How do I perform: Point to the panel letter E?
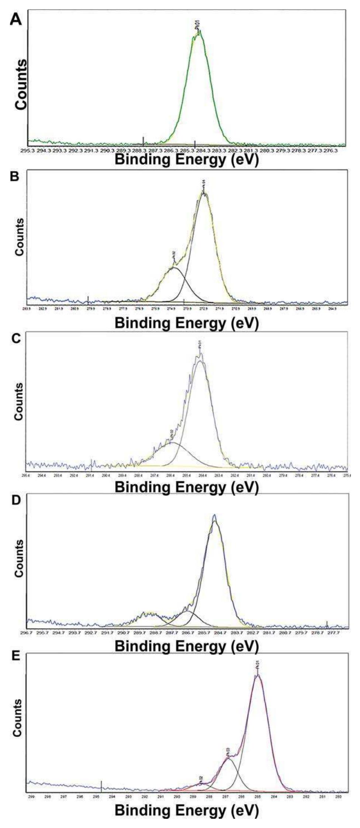[15, 657]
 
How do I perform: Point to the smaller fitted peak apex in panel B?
[174, 268]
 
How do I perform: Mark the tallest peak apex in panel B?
[204, 192]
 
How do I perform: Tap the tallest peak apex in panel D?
[215, 516]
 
